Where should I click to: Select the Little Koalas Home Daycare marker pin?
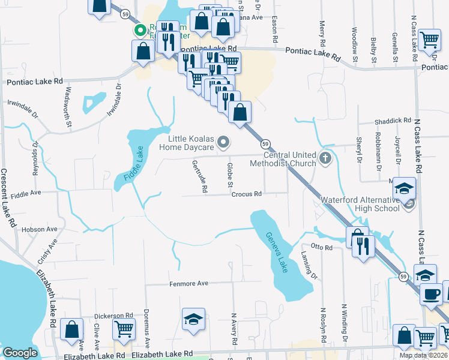click(223, 142)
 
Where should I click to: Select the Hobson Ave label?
click(39, 229)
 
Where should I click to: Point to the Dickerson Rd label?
click(113, 315)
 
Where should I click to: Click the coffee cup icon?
click(430, 293)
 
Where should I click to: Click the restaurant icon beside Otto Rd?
click(363, 246)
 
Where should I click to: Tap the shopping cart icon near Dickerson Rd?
click(124, 328)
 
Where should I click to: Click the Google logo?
click(20, 353)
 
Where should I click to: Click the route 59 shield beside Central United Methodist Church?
click(265, 143)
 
